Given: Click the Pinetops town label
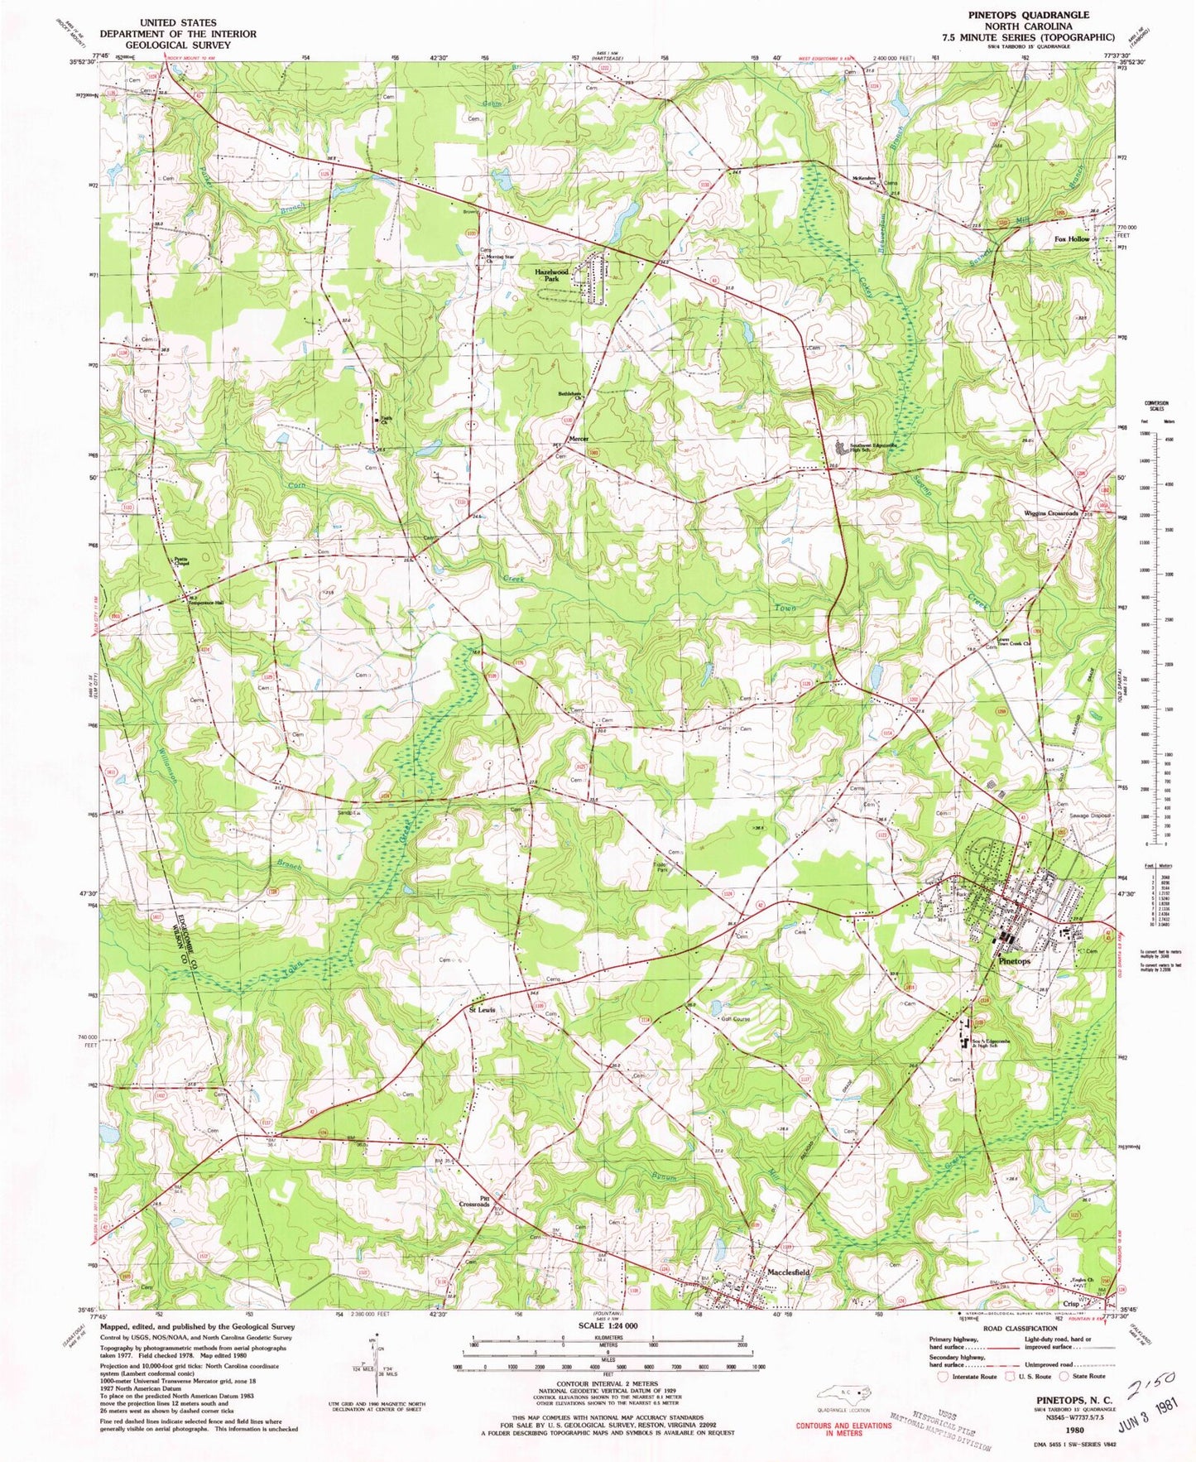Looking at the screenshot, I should [x=1015, y=961].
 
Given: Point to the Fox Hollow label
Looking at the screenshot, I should [x=1072, y=238].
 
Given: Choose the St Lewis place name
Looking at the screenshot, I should [x=483, y=1010].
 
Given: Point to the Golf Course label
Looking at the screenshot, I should [x=736, y=1019].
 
